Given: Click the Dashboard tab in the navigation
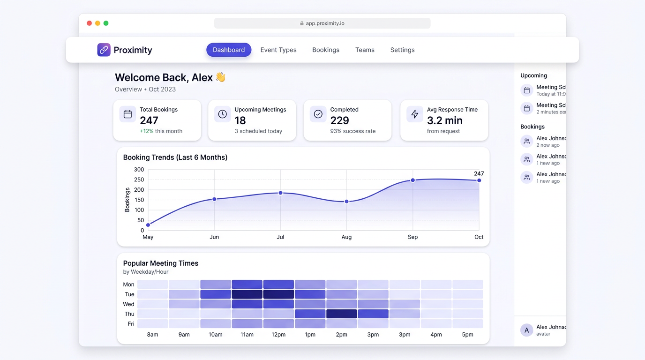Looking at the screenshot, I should (x=229, y=50).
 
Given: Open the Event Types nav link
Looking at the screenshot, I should (x=278, y=50).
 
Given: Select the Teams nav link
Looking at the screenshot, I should (x=365, y=50).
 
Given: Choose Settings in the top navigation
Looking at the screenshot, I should (x=402, y=50).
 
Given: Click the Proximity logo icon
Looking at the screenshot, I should (x=104, y=50).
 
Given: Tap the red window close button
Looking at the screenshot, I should (x=89, y=23).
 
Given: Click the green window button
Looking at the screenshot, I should (x=106, y=23).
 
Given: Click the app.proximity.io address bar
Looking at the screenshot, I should (x=322, y=23).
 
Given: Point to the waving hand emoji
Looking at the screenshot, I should (x=220, y=77).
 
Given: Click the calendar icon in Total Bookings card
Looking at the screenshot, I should (x=127, y=114).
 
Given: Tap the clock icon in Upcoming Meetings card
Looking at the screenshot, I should (x=223, y=114).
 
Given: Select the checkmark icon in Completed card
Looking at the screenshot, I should (x=318, y=114).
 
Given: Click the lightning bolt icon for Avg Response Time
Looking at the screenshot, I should (x=415, y=114).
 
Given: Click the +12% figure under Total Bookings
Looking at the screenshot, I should (x=147, y=131).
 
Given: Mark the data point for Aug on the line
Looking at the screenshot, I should (x=346, y=202).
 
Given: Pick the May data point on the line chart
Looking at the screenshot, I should (x=148, y=225).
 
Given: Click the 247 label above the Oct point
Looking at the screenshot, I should (x=479, y=173).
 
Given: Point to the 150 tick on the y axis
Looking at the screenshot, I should (x=139, y=200).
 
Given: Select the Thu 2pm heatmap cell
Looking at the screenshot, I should (x=342, y=314).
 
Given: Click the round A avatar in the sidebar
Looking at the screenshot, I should (x=526, y=330).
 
